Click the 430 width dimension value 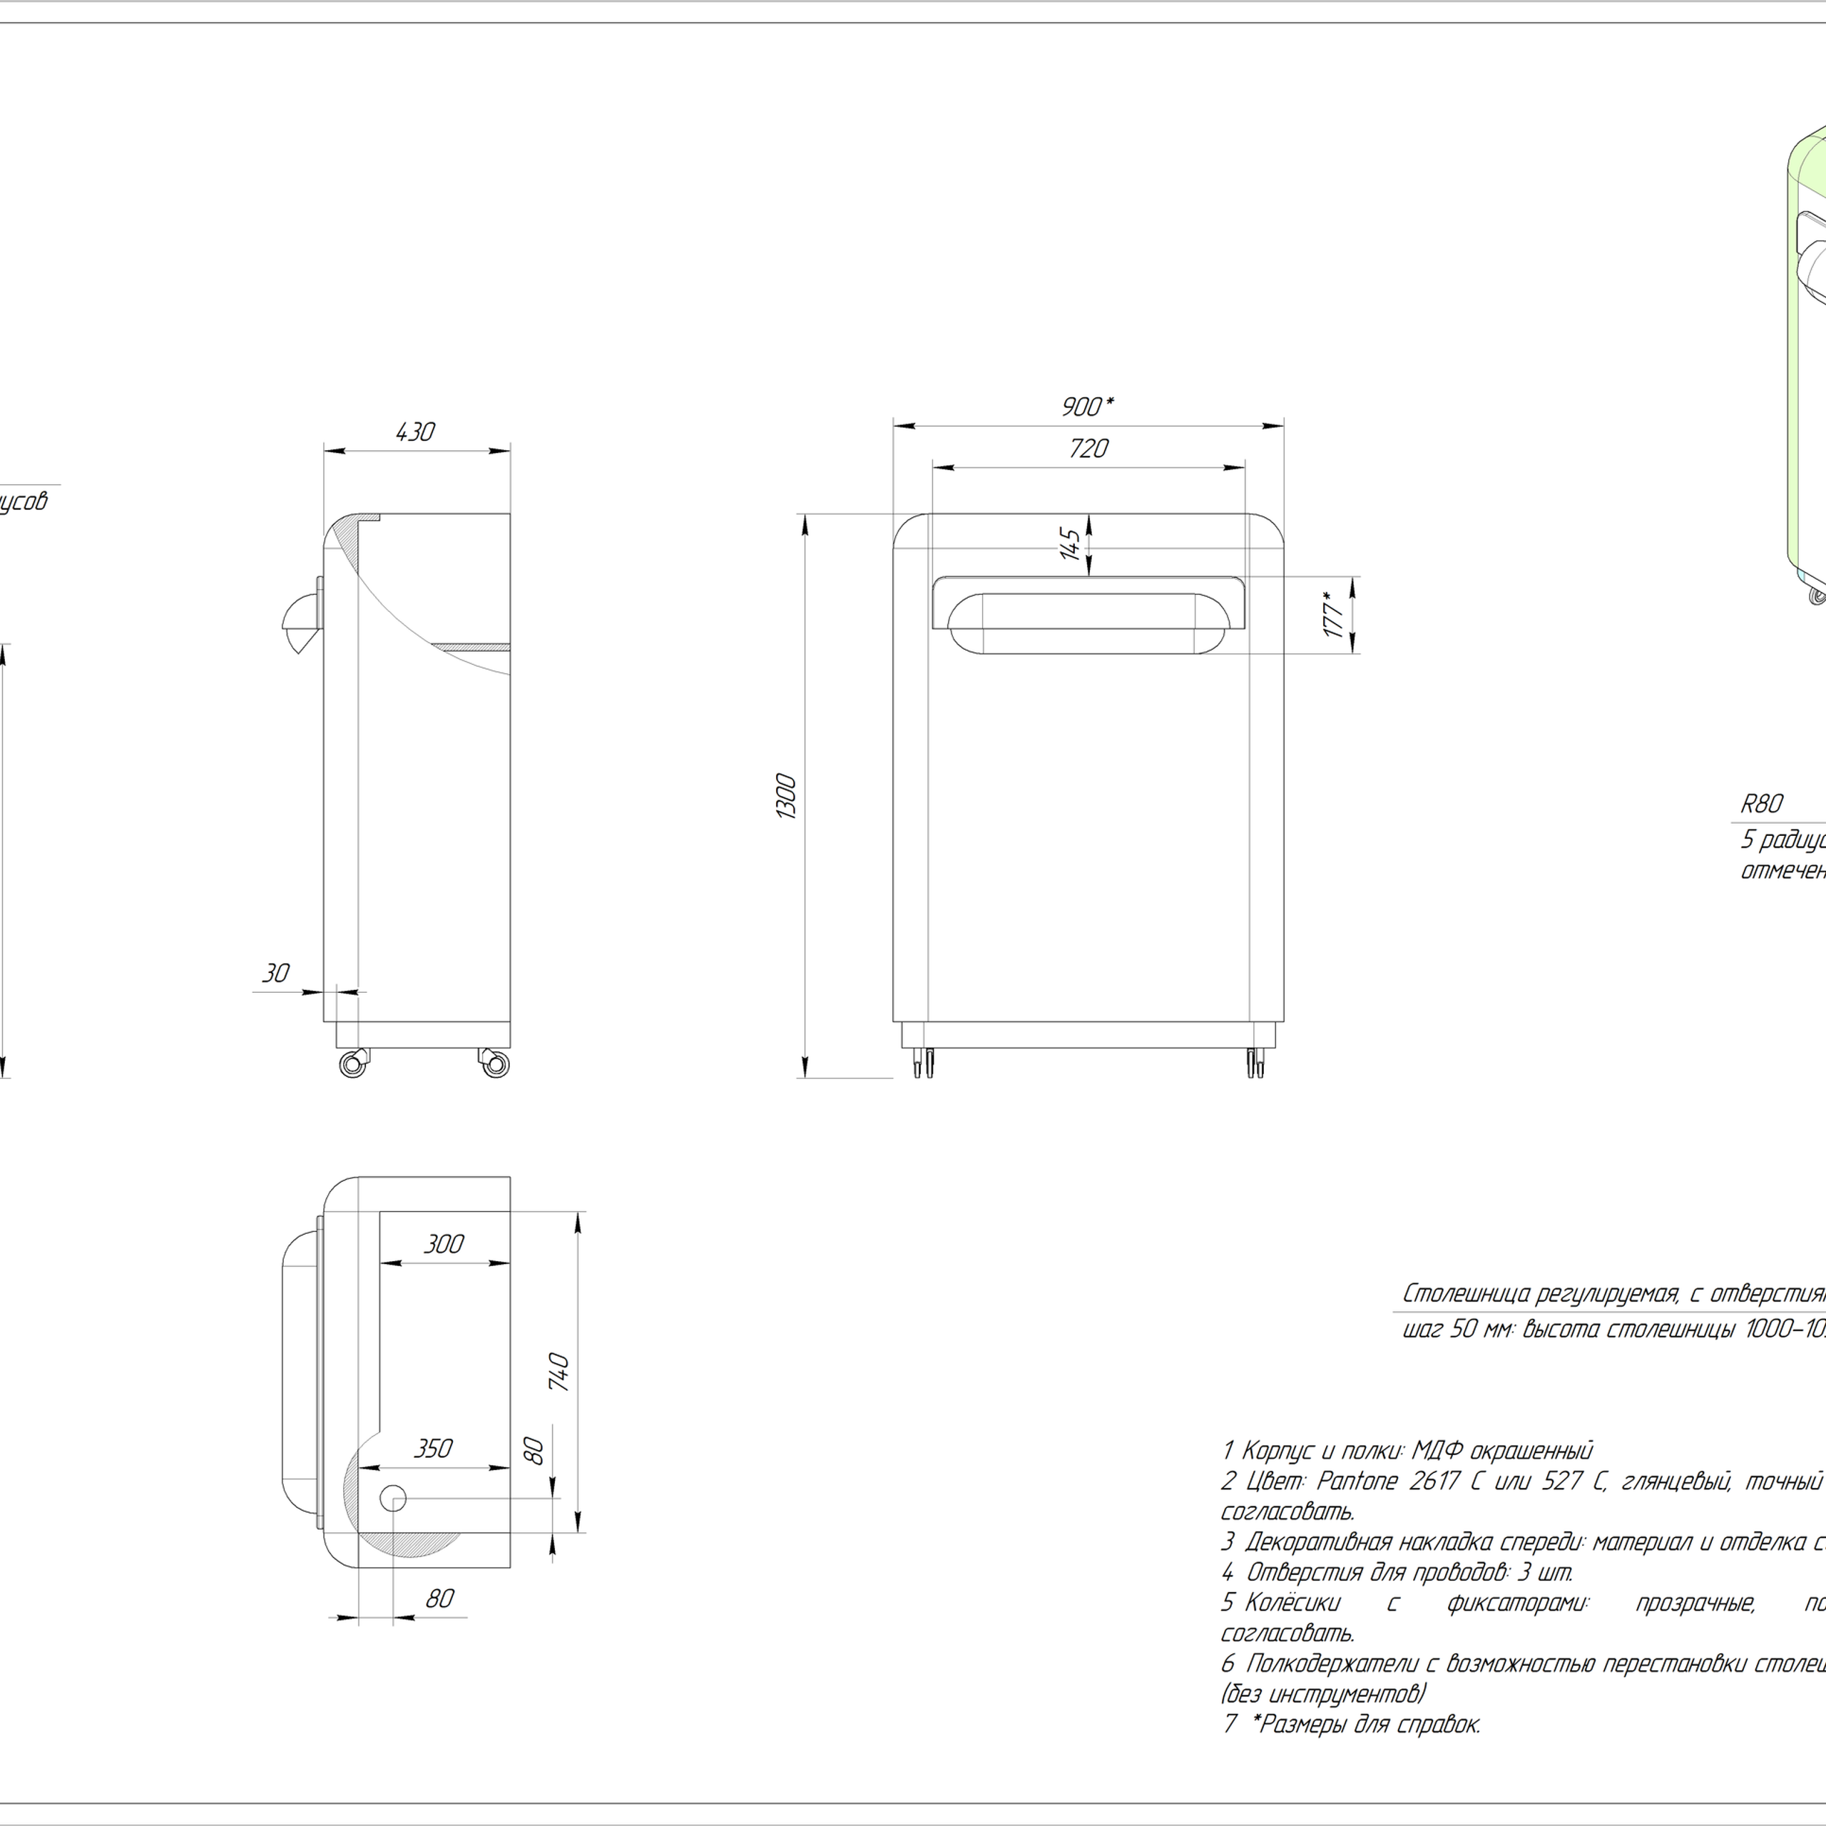pyautogui.click(x=415, y=432)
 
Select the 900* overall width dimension pyautogui.click(x=1087, y=407)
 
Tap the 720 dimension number pyautogui.click(x=1088, y=449)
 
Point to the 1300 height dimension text pyautogui.click(x=786, y=796)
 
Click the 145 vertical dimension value pyautogui.click(x=1070, y=544)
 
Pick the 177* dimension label pyautogui.click(x=1335, y=614)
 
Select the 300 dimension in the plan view pyautogui.click(x=443, y=1244)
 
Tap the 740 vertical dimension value pyautogui.click(x=559, y=1372)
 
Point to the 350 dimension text pyautogui.click(x=433, y=1449)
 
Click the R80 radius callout pyautogui.click(x=1762, y=805)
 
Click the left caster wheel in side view pyautogui.click(x=352, y=1064)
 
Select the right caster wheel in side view pyautogui.click(x=494, y=1064)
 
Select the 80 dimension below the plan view pyautogui.click(x=439, y=1598)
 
